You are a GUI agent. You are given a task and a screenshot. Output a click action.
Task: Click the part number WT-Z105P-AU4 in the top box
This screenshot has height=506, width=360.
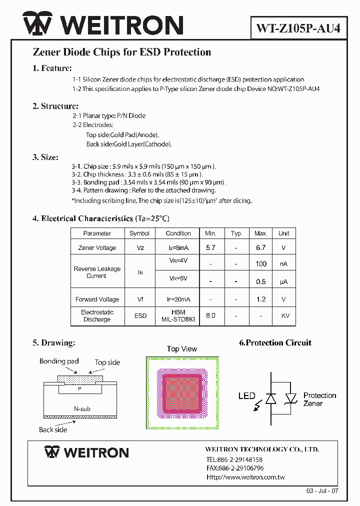298,28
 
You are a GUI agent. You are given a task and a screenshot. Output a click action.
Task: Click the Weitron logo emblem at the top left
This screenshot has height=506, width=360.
38,25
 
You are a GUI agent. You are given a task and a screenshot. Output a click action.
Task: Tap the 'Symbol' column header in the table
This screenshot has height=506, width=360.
139,233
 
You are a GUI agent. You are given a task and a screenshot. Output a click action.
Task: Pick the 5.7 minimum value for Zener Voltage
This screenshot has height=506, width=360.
210,247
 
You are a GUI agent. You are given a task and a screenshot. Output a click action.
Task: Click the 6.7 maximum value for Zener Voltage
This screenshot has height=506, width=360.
260,247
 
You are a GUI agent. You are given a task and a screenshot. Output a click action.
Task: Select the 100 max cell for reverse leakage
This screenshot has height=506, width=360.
260,264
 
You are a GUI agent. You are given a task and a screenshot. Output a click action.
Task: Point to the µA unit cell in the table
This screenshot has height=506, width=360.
283,281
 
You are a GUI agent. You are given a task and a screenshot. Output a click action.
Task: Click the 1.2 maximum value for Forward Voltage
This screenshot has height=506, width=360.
260,299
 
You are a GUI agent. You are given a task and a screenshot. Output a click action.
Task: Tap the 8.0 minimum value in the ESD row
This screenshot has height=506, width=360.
210,316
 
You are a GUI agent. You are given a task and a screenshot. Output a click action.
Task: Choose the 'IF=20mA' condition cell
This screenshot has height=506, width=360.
178,299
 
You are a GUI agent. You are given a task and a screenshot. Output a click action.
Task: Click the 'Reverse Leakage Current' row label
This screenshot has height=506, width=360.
97,272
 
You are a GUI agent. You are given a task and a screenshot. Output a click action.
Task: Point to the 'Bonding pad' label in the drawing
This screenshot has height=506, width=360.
59,361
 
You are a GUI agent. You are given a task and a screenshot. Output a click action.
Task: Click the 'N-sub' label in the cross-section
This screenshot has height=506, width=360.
82,409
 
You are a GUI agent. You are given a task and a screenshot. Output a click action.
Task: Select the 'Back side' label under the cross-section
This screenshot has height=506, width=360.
53,429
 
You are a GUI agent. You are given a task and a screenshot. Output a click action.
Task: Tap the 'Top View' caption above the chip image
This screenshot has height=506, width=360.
182,349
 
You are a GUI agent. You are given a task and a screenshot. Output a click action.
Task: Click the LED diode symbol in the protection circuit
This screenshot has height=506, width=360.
271,398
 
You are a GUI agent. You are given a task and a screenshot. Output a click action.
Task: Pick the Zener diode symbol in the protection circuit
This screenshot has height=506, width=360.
291,398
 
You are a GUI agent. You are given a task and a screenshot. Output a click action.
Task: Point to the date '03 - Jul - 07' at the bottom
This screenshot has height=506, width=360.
322,491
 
